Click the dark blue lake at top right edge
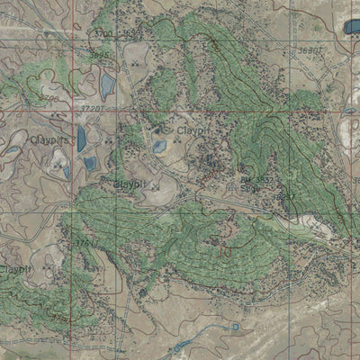[x=350, y=27]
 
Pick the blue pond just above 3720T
[x=108, y=85]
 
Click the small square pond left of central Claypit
[x=159, y=147]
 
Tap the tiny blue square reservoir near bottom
[x=235, y=326]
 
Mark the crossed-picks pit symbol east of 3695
[x=134, y=64]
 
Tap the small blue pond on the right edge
[x=349, y=112]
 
